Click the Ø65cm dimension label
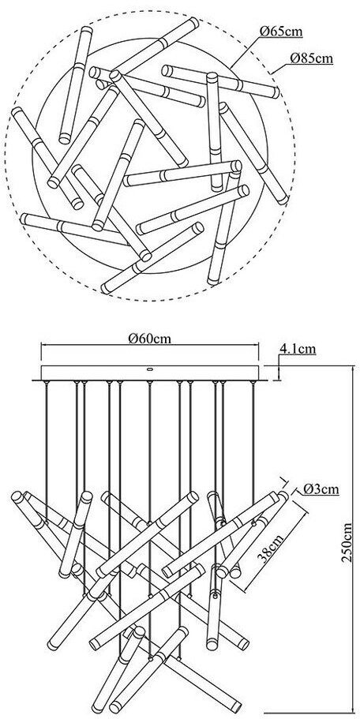[x=281, y=32]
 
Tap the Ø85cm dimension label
[x=311, y=58]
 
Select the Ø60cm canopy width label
[x=150, y=339]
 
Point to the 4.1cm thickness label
[x=298, y=349]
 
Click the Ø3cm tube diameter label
[x=321, y=489]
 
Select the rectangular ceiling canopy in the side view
[x=150, y=373]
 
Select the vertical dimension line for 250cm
[x=352, y=542]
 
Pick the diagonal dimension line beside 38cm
[x=268, y=542]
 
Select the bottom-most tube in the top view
[x=152, y=258]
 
